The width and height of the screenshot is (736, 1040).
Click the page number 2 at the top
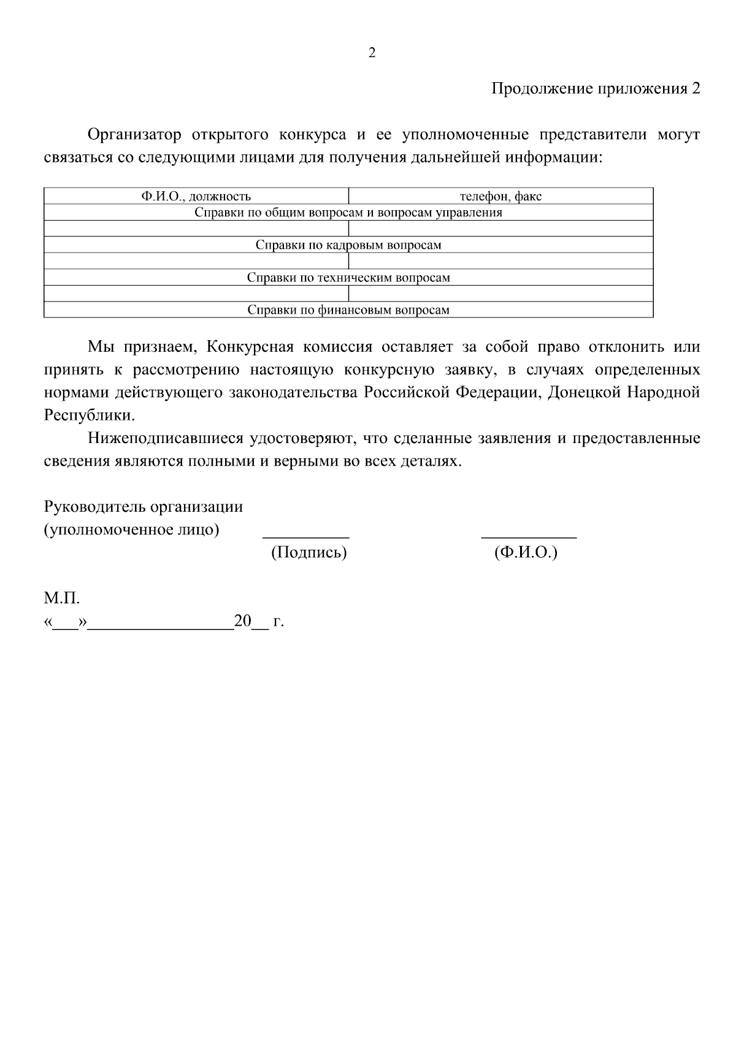coord(372,53)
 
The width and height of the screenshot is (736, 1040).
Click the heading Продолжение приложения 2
coord(596,89)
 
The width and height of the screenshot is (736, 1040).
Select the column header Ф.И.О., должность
coord(196,197)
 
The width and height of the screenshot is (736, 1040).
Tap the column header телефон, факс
coord(500,197)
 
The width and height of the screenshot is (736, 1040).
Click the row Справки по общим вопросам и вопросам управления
coord(348,213)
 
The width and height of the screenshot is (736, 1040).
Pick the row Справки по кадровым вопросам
coord(348,246)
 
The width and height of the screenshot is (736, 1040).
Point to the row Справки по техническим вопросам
coord(348,278)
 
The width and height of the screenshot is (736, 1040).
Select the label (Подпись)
coord(309,553)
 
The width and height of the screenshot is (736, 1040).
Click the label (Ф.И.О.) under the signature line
coord(526,553)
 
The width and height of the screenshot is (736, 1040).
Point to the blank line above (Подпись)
coord(306,534)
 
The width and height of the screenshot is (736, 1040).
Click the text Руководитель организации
coord(144,507)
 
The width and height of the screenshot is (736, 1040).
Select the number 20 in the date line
coord(243,622)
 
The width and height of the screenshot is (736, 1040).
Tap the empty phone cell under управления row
coord(500,229)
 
